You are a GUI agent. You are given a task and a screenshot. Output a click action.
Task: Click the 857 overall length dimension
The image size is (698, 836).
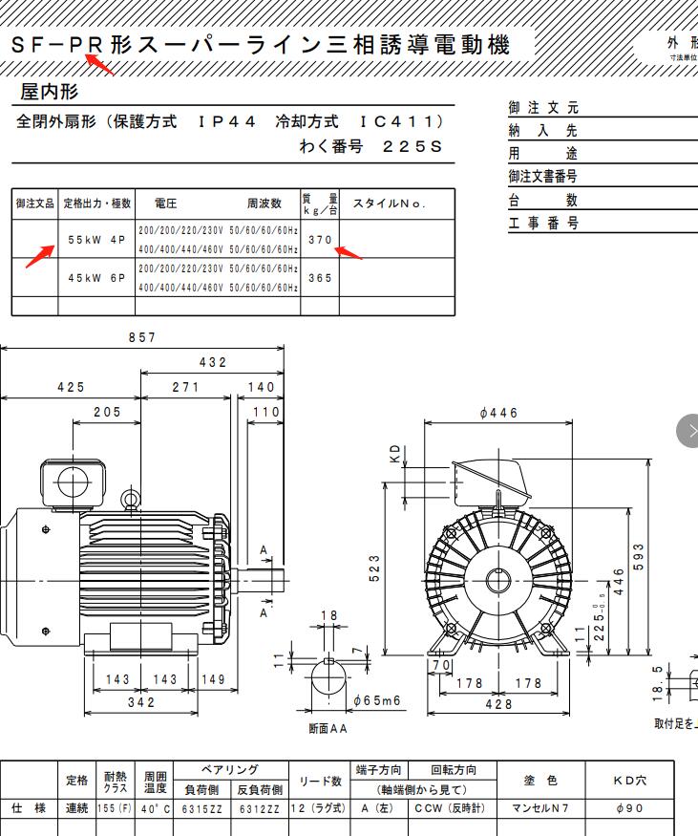pos(141,337)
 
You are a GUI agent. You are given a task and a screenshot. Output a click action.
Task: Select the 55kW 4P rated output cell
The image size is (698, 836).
pos(96,240)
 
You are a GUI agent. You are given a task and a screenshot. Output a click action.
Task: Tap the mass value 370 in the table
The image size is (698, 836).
pos(320,240)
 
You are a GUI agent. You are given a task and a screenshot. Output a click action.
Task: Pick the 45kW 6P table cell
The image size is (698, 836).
pos(96,278)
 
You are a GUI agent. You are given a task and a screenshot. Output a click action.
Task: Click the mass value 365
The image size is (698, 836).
pos(320,278)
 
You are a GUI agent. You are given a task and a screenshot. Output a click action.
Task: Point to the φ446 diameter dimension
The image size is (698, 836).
pos(498,414)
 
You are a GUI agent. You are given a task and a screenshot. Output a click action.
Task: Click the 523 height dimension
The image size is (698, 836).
pos(374,568)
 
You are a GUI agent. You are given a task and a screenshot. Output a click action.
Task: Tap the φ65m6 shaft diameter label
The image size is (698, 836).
pos(376,700)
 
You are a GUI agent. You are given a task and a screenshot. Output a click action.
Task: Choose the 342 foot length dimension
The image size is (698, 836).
pos(140,702)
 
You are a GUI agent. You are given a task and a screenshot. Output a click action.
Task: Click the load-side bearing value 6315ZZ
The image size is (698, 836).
pos(202,808)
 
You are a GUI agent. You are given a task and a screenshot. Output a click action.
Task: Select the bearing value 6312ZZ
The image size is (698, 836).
pos(259,808)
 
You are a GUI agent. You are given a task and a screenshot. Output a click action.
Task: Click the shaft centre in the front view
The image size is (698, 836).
pos(499,580)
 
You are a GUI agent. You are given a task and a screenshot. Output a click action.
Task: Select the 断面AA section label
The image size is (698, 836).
pos(328,728)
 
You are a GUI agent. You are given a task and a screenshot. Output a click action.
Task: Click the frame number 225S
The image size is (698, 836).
pos(412,147)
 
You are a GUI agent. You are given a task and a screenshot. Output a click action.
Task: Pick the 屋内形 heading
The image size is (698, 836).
pos(50,92)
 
